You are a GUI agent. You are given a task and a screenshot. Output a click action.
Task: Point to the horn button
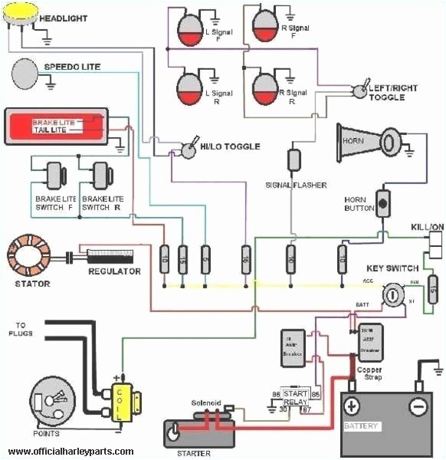tap(382, 203)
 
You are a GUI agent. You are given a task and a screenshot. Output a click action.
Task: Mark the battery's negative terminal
tap(417, 406)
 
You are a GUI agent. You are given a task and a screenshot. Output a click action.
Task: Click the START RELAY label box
tap(295, 396)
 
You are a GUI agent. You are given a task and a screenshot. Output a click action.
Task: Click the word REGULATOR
tap(114, 271)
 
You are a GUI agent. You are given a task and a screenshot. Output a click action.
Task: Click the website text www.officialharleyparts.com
tap(68, 452)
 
